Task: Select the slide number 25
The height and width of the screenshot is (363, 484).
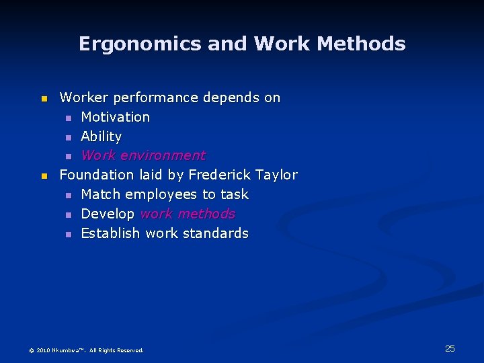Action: (x=450, y=348)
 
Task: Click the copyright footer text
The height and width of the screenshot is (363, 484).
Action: (x=86, y=350)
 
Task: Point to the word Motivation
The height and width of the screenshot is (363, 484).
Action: (x=115, y=117)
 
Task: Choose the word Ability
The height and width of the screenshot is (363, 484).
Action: (x=101, y=136)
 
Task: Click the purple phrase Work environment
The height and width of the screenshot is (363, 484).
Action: (x=143, y=155)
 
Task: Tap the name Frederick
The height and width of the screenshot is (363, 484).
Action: (x=220, y=175)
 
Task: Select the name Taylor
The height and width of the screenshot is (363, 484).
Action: (x=276, y=175)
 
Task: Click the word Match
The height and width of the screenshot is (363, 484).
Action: (x=101, y=194)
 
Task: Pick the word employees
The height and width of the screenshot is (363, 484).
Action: (x=161, y=194)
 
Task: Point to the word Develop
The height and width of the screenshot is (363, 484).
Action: (x=108, y=214)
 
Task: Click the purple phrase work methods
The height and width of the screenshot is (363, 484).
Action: (x=188, y=214)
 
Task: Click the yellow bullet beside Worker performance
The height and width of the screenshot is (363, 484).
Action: (x=44, y=98)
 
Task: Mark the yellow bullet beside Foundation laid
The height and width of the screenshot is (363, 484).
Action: (x=44, y=175)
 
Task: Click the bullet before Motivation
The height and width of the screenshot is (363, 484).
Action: (x=68, y=118)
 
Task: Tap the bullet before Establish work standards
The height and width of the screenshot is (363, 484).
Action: (x=68, y=234)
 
